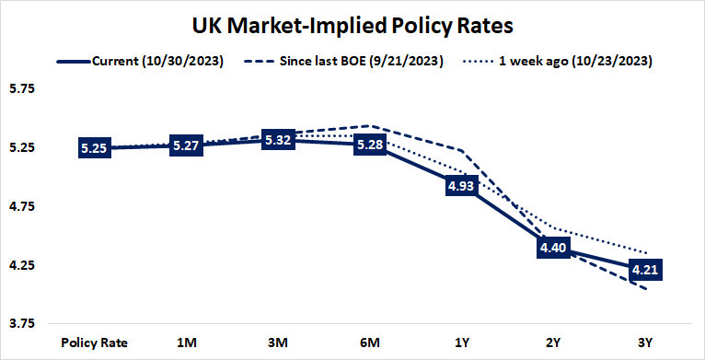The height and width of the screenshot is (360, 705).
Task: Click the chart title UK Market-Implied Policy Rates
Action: click(x=352, y=23)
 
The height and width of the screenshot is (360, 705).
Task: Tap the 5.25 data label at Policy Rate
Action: click(x=94, y=148)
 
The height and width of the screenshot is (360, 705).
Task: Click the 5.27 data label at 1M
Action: click(x=186, y=145)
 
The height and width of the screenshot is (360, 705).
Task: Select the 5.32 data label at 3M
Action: click(x=278, y=140)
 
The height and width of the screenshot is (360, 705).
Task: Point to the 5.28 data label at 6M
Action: click(x=370, y=145)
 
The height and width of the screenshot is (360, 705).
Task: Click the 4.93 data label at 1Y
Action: click(x=462, y=186)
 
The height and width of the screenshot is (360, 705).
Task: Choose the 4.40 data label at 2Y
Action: click(x=554, y=248)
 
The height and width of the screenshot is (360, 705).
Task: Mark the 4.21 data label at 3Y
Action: click(x=646, y=270)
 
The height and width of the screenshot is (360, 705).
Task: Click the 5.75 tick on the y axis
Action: click(x=21, y=89)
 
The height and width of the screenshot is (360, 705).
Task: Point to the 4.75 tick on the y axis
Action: click(x=21, y=207)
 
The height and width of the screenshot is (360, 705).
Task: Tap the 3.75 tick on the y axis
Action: click(x=21, y=324)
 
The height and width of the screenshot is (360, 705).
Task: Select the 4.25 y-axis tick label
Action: click(x=21, y=266)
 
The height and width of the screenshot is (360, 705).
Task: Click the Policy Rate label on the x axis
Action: click(x=94, y=343)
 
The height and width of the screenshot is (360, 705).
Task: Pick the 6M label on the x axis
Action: click(x=370, y=343)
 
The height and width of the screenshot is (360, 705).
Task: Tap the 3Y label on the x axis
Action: click(x=646, y=343)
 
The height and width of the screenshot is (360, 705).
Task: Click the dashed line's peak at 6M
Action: click(x=370, y=125)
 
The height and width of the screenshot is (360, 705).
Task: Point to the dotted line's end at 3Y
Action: click(x=646, y=252)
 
